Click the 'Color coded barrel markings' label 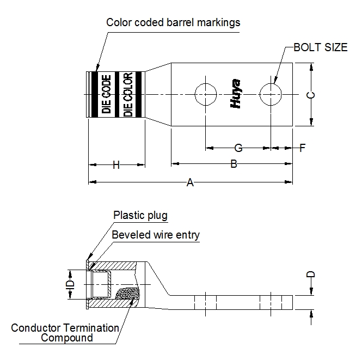click(x=173, y=22)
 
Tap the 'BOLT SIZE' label click(x=320, y=47)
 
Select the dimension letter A click(x=190, y=183)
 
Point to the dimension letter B click(x=234, y=164)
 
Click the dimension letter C click(x=310, y=95)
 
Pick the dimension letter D click(x=311, y=275)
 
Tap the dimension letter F click(x=303, y=148)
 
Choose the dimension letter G click(x=238, y=148)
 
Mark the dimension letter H click(x=116, y=165)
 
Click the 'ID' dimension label click(x=70, y=284)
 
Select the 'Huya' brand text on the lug click(x=237, y=94)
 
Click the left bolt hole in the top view click(x=205, y=95)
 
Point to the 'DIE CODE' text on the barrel click(x=107, y=94)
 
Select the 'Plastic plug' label click(x=140, y=215)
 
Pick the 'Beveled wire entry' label click(x=156, y=235)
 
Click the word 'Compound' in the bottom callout click(x=67, y=338)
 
